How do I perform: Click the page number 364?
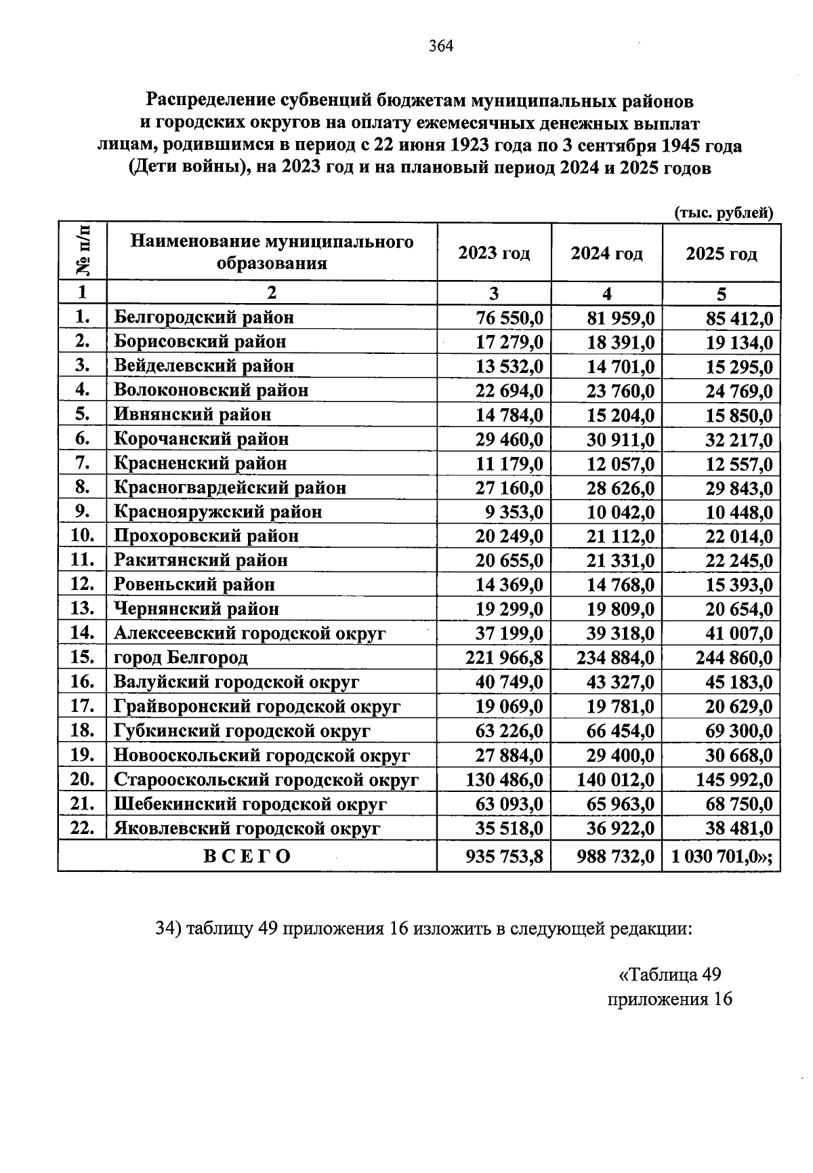440,46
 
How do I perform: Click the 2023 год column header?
494,254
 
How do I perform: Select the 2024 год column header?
606,254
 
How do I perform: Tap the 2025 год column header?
721,254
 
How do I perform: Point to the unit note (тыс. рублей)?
724,213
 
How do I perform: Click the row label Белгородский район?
204,317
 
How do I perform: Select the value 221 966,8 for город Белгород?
504,658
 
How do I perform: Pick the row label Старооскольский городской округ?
266,780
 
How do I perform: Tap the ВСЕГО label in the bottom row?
247,856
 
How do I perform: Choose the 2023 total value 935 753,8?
504,857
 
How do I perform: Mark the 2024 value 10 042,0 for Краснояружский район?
621,513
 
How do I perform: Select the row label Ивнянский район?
192,414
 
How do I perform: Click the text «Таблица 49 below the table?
669,974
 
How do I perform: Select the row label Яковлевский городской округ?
247,829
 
